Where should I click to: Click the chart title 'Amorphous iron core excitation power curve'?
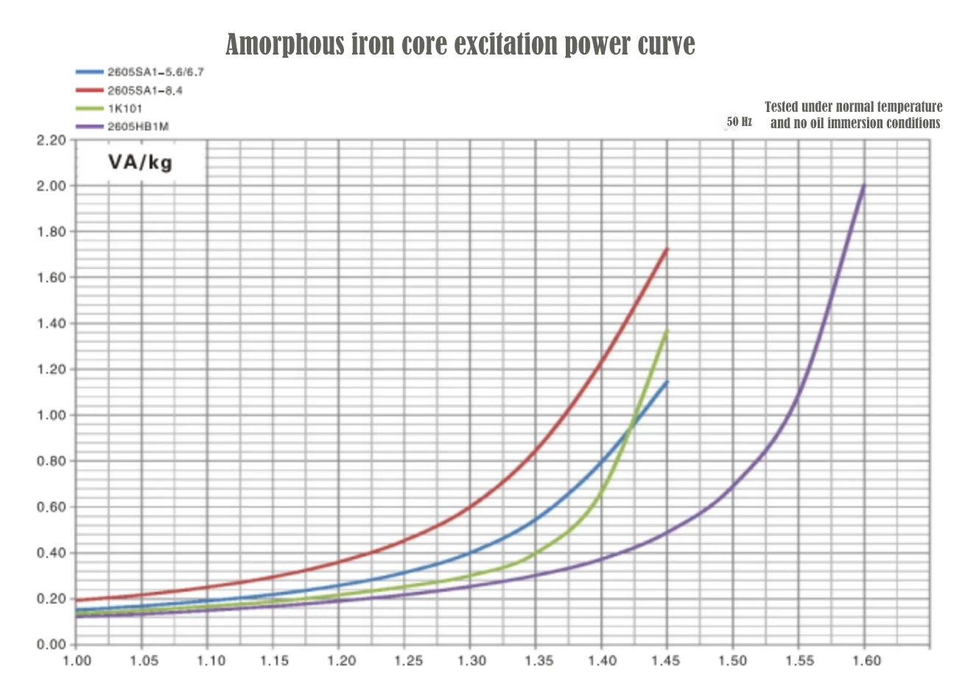[x=460, y=44]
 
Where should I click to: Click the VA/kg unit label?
[x=141, y=161]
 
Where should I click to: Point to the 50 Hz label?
[x=739, y=122]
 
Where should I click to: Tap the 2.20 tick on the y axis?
[x=51, y=140]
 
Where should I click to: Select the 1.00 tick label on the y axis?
[x=51, y=415]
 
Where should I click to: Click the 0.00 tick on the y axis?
[x=51, y=645]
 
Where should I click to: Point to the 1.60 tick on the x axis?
[x=865, y=660]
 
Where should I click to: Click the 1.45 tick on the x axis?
[x=667, y=660]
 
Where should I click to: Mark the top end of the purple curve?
[x=864, y=185]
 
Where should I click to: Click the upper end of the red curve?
[x=667, y=249]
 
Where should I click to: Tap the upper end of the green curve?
[x=667, y=331]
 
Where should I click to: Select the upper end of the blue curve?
[x=667, y=382]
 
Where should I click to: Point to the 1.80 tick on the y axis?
[x=51, y=231]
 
